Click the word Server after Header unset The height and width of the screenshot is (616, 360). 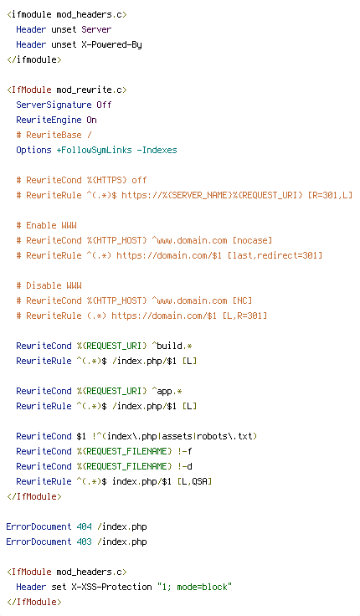tap(96, 29)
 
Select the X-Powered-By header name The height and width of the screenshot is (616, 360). tap(111, 45)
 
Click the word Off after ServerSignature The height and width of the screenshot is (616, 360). tap(104, 105)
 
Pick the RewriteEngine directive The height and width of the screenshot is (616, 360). tap(49, 120)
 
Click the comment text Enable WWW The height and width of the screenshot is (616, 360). tap(51, 225)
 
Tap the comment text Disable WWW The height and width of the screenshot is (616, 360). tap(54, 285)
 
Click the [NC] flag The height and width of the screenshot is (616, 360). tap(242, 300)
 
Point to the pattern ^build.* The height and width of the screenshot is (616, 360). tap(172, 346)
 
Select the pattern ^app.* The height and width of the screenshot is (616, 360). tap(167, 391)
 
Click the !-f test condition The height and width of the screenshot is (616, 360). tap(184, 451)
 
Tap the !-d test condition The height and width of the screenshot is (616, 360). tap(184, 466)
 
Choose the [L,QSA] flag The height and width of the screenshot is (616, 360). tap(194, 481)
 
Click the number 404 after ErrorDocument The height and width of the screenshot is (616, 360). tap(84, 526)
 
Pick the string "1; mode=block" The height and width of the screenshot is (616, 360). tap(194, 587)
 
